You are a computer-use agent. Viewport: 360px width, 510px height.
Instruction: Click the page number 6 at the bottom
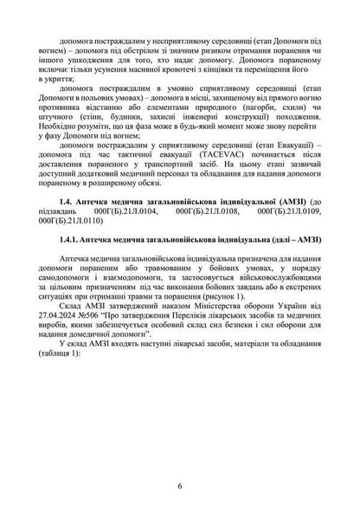[179, 486]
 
